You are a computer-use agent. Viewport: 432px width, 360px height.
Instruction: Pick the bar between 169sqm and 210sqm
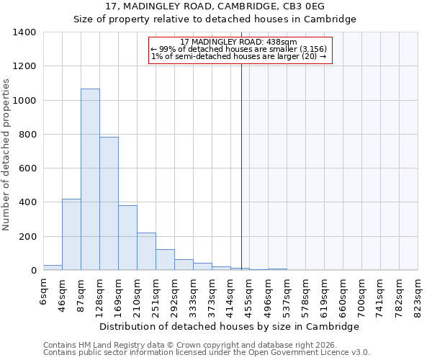pos(127,238)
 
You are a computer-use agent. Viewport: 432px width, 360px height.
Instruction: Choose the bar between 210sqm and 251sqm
pos(146,251)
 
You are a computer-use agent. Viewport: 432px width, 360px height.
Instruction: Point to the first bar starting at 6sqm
pos(53,267)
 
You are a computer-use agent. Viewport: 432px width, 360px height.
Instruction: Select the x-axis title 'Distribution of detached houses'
pos(229,326)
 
